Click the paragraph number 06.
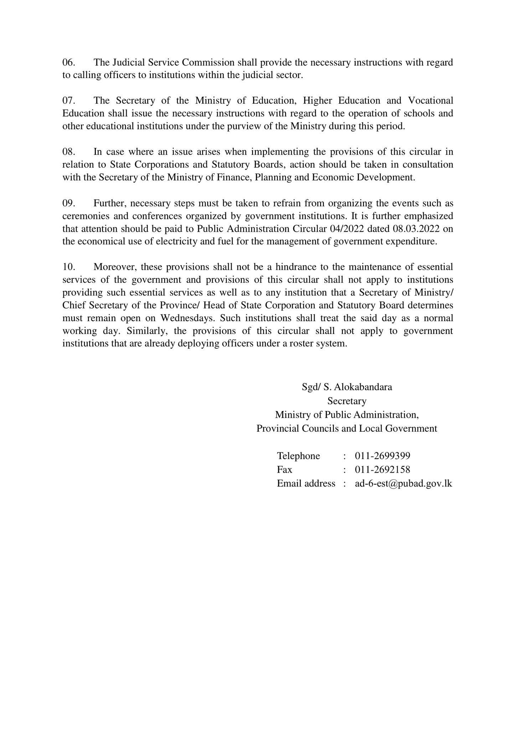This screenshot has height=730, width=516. pyautogui.click(x=68, y=63)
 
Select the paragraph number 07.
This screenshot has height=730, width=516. pyautogui.click(x=68, y=101)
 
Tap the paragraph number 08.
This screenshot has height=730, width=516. pyautogui.click(x=68, y=152)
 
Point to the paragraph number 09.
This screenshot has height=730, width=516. pyautogui.click(x=68, y=203)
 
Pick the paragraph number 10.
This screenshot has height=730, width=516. pyautogui.click(x=68, y=267)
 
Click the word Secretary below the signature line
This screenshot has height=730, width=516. pyautogui.click(x=347, y=401)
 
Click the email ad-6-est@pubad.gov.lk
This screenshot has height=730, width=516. pyautogui.click(x=403, y=484)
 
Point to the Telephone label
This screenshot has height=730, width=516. pyautogui.click(x=298, y=456)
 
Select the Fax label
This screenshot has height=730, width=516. pyautogui.click(x=284, y=470)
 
